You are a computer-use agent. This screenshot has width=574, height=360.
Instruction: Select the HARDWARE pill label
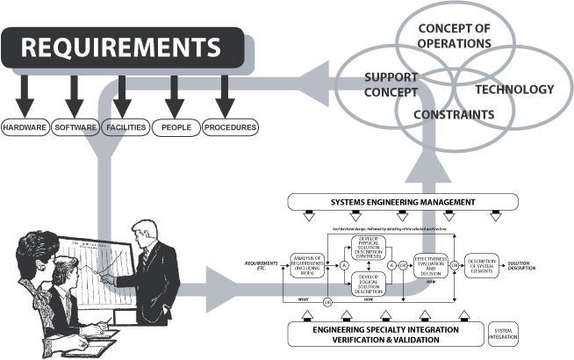click(25, 127)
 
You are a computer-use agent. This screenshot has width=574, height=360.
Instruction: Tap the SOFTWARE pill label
click(75, 127)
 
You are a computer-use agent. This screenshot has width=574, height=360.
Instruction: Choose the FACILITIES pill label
click(126, 127)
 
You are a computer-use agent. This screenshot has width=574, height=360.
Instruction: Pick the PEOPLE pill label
click(176, 127)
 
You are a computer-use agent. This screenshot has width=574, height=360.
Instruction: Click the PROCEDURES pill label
click(230, 127)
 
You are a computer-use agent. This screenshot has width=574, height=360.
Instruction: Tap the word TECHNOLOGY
click(514, 90)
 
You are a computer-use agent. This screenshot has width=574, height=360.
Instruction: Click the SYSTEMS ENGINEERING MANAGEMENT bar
click(403, 203)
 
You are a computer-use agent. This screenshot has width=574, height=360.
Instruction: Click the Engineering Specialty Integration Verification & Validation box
click(387, 335)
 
